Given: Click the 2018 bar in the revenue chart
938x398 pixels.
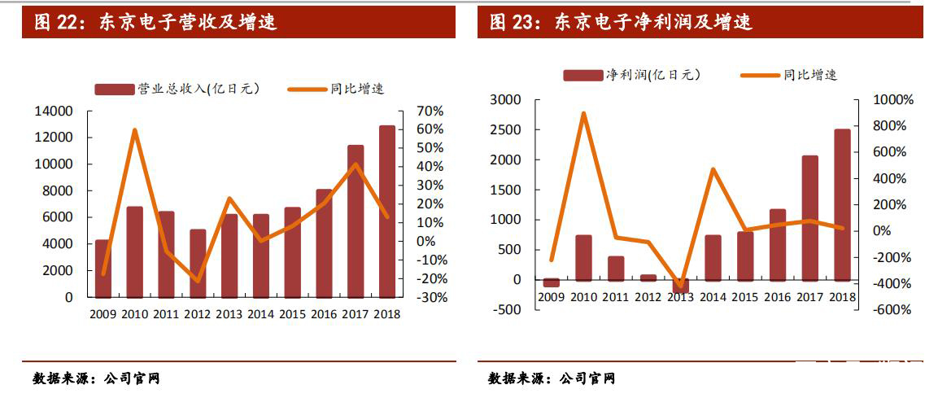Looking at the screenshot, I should click(387, 212).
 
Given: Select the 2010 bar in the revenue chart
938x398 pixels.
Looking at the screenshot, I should click(134, 252).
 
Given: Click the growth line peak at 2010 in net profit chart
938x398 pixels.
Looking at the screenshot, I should click(583, 114).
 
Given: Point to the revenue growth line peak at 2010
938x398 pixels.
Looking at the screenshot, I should click(134, 130).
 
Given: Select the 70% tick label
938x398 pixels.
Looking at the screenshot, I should click(429, 111).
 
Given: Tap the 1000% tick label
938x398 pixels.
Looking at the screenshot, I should click(892, 100).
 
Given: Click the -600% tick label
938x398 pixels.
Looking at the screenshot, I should click(892, 310).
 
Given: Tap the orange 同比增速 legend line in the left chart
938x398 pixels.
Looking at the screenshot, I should click(308, 89).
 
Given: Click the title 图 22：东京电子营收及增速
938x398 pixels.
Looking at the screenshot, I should click(155, 22).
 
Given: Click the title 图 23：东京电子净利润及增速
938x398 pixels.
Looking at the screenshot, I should click(621, 22).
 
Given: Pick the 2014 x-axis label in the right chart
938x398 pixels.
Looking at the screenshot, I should click(712, 297).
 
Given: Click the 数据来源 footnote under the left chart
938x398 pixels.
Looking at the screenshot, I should click(95, 378).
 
